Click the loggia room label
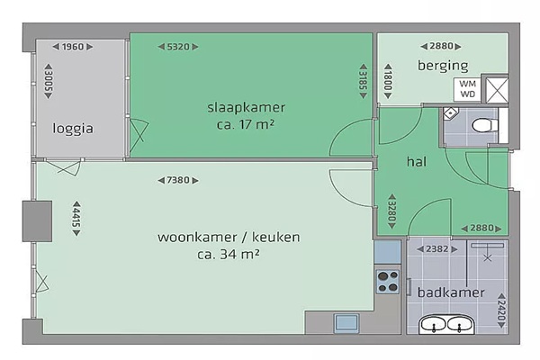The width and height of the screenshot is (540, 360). pyautogui.click(x=73, y=129)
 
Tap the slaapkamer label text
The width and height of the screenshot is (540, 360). pyautogui.click(x=246, y=107)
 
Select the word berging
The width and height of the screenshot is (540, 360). pyautogui.click(x=443, y=66)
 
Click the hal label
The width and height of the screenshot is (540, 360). pyautogui.click(x=417, y=161)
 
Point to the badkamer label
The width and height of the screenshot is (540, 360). pyautogui.click(x=451, y=292)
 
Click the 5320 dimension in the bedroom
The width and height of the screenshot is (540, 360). pyautogui.click(x=178, y=47)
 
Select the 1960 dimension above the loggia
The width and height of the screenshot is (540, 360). pyautogui.click(x=73, y=47)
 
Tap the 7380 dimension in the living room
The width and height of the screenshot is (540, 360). pyautogui.click(x=178, y=180)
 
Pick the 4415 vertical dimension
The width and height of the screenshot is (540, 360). pyautogui.click(x=76, y=219)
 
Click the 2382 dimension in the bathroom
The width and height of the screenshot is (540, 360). pyautogui.click(x=437, y=248)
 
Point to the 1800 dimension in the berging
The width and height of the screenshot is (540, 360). pyautogui.click(x=388, y=81)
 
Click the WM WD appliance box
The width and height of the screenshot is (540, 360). pyautogui.click(x=467, y=89)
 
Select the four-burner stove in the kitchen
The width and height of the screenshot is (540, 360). pyautogui.click(x=388, y=282)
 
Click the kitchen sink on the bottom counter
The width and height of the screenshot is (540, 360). pyautogui.click(x=346, y=323)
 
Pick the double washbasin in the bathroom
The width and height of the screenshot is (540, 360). pyautogui.click(x=446, y=325)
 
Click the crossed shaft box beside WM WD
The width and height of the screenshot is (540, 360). pyautogui.click(x=497, y=90)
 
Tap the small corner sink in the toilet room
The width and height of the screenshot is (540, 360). pyautogui.click(x=450, y=113)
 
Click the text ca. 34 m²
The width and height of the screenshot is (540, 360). pyautogui.click(x=229, y=254)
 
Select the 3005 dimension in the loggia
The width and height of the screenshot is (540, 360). pyautogui.click(x=49, y=81)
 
